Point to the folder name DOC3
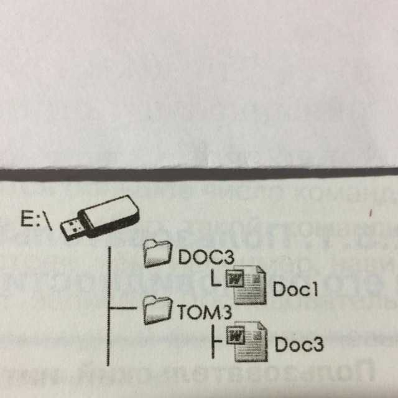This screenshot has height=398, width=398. click(198, 256)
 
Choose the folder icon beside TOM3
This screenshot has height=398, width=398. click(155, 309)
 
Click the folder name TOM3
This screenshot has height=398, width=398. click(195, 311)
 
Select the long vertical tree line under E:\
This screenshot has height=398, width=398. click(109, 305)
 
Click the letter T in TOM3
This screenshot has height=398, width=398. click(182, 311)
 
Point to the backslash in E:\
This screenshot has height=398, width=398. click(52, 221)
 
